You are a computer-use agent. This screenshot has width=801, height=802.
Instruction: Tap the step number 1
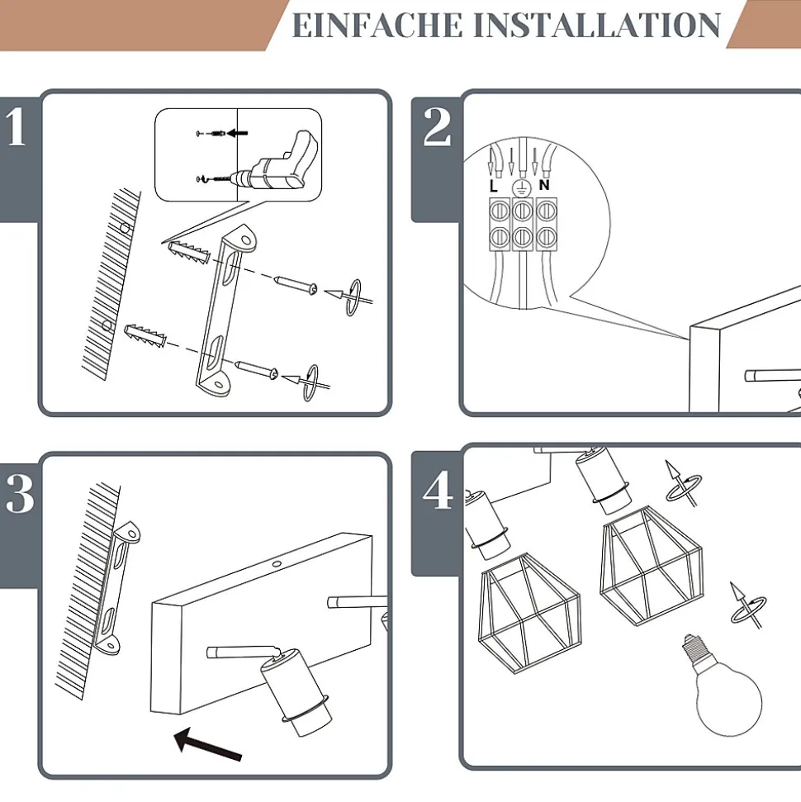click(x=17, y=129)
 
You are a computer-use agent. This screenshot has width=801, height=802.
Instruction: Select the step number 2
click(x=437, y=129)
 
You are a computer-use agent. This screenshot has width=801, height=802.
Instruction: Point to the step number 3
click(x=18, y=494)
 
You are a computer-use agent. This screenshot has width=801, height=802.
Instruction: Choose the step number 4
click(x=437, y=492)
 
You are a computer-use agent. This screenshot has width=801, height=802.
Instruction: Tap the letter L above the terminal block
click(x=494, y=187)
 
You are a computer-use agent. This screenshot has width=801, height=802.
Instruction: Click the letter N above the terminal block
click(x=544, y=186)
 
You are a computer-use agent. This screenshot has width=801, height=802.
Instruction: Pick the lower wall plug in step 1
click(x=146, y=336)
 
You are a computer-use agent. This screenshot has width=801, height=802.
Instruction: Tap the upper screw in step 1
click(x=295, y=285)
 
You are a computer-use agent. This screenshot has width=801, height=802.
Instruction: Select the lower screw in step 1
click(x=256, y=371)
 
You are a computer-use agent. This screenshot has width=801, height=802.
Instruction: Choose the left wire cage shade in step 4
click(x=528, y=612)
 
